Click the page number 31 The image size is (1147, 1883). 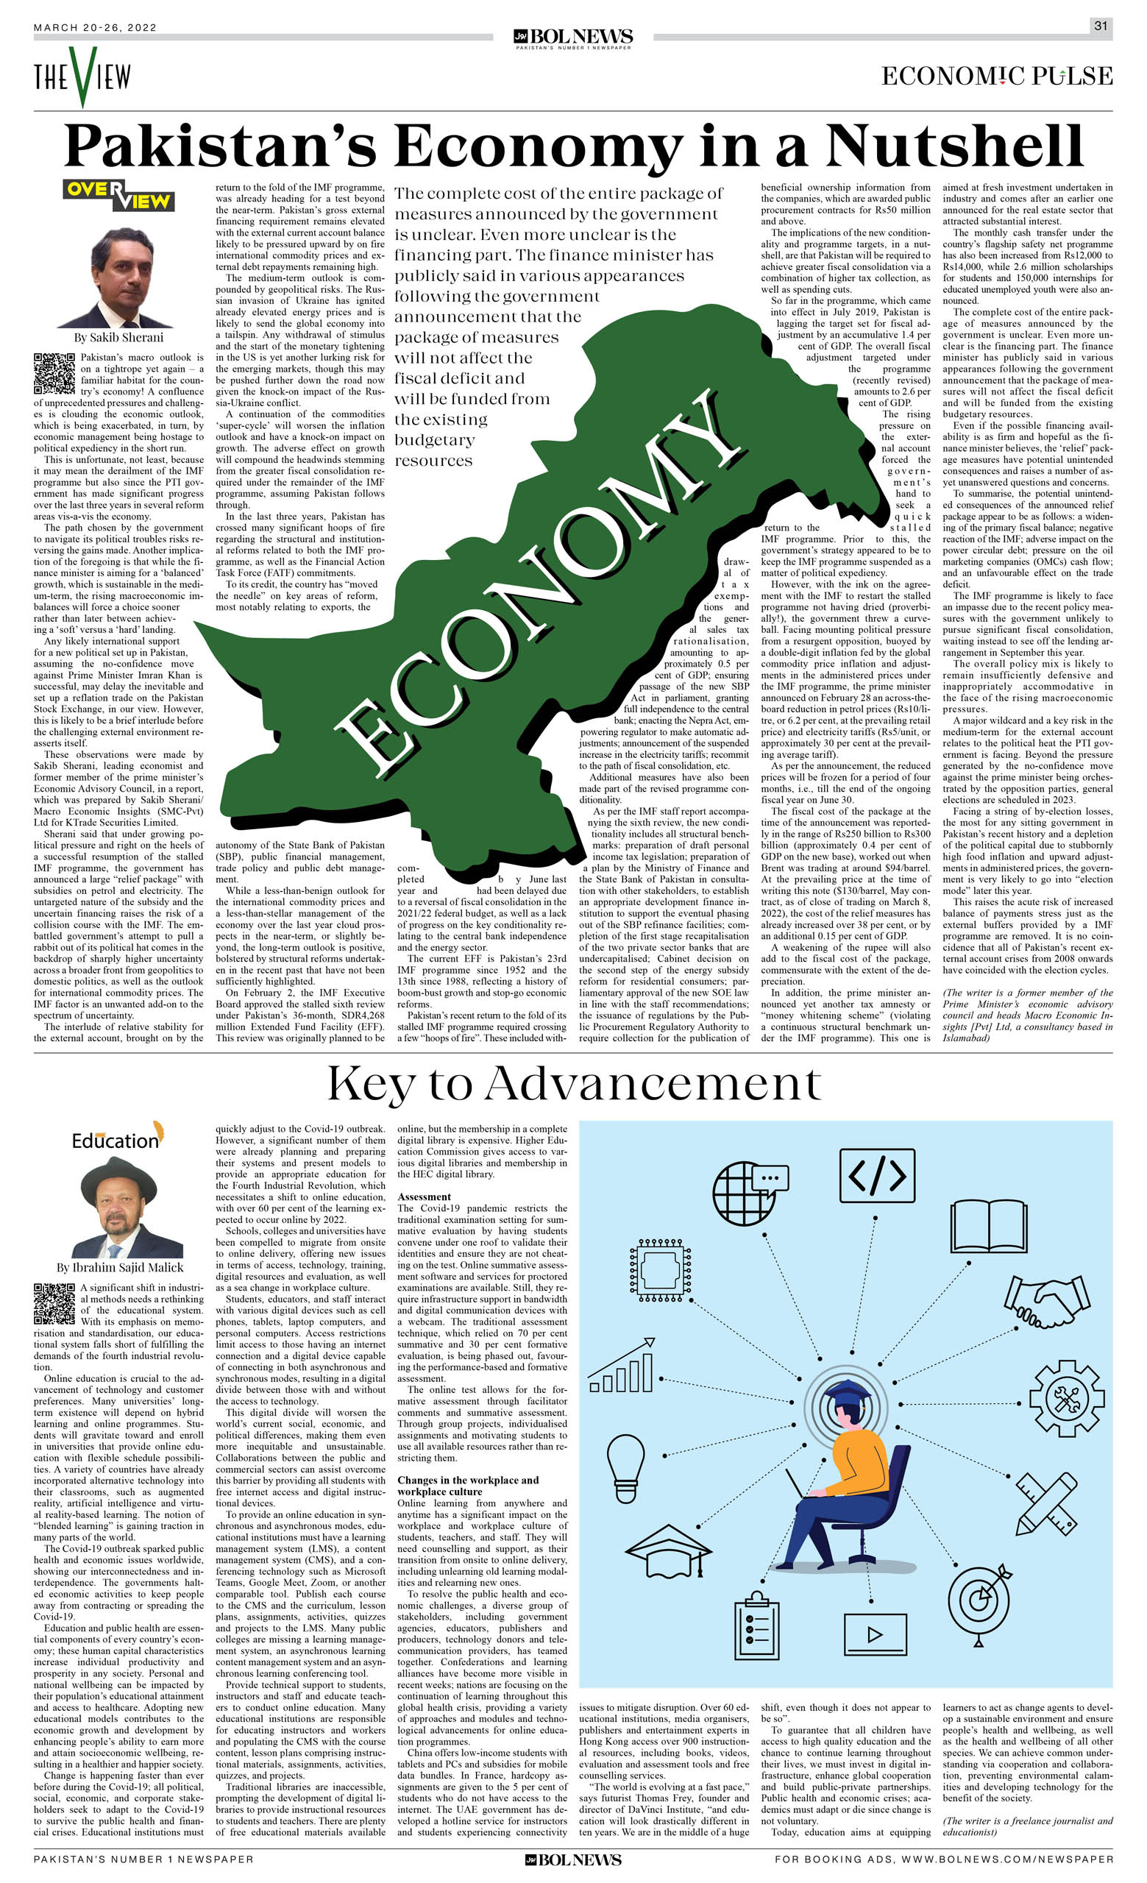click(x=1100, y=26)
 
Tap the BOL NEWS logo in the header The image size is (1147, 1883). click(x=573, y=38)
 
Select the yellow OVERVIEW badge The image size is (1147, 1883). click(x=118, y=195)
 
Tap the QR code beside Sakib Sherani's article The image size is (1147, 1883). click(x=54, y=374)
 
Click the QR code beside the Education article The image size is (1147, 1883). click(x=54, y=1304)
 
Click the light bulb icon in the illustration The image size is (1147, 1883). click(x=625, y=1458)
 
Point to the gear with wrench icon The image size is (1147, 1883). click(x=1067, y=1398)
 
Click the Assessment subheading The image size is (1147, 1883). click(x=424, y=1196)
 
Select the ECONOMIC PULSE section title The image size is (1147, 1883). click(x=996, y=76)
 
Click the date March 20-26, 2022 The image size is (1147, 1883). click(x=95, y=27)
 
